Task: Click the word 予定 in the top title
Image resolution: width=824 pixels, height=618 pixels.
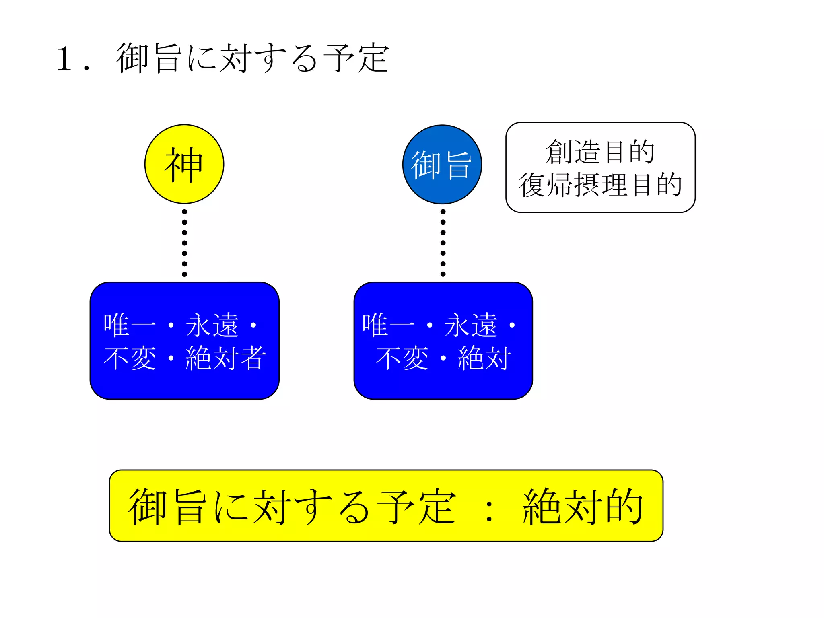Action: click(356, 59)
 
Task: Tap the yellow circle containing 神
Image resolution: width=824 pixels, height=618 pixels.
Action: click(184, 164)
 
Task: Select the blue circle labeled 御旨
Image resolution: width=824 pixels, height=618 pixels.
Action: click(442, 165)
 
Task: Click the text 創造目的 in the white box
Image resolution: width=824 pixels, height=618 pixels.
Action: click(600, 152)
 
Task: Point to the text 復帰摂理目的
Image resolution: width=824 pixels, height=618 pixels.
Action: click(600, 185)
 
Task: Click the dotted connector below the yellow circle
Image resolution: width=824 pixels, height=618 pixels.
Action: click(185, 243)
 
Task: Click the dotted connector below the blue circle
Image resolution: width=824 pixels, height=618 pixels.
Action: click(443, 243)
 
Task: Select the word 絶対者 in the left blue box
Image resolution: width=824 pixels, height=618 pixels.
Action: click(225, 358)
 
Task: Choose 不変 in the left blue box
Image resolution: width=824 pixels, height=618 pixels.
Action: click(130, 358)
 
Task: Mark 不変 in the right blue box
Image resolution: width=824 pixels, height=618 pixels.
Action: click(402, 358)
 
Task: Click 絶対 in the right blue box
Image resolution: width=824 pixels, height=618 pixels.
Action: click(484, 358)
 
